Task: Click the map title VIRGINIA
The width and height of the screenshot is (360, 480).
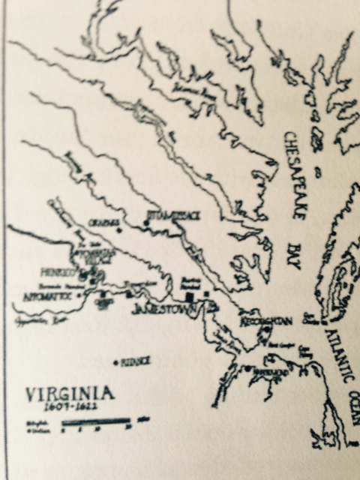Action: point(70,394)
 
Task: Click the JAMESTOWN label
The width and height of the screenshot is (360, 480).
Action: point(160,309)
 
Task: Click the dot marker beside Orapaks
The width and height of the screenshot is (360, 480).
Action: point(118,230)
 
